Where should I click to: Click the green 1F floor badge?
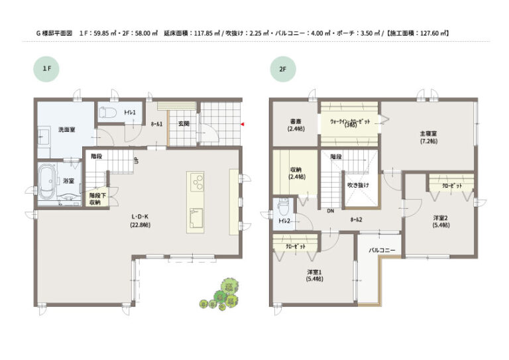46,68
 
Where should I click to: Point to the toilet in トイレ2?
284,204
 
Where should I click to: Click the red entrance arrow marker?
243,123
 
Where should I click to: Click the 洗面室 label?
66,129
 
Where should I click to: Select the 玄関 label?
184,123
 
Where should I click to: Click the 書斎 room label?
295,124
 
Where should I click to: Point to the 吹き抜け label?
359,185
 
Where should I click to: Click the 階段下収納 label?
95,198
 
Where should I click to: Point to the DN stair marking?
329,211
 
